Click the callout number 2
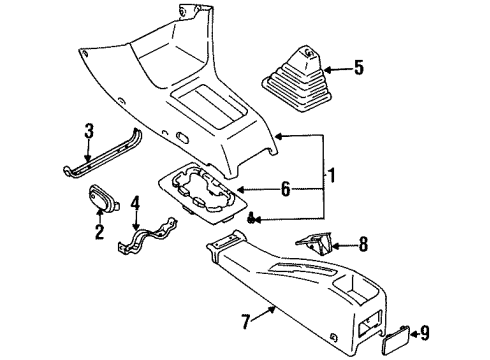(99, 233)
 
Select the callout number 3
(88, 131)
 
